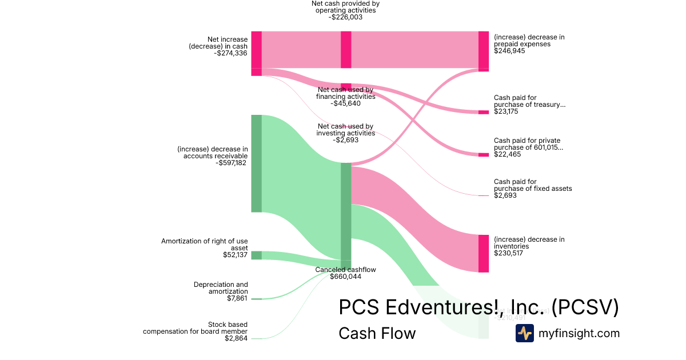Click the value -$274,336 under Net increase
231,53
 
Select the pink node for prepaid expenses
484,51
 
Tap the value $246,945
509,51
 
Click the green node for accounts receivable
257,163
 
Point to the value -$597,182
232,163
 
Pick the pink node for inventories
484,253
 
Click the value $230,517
509,253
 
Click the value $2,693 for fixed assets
505,195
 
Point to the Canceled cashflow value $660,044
345,277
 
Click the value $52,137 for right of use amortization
236,255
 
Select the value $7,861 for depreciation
237,298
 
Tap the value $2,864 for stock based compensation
236,338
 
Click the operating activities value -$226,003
345,17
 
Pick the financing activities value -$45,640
345,103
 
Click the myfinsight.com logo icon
524,333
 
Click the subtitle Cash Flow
377,333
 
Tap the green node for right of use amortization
257,255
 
